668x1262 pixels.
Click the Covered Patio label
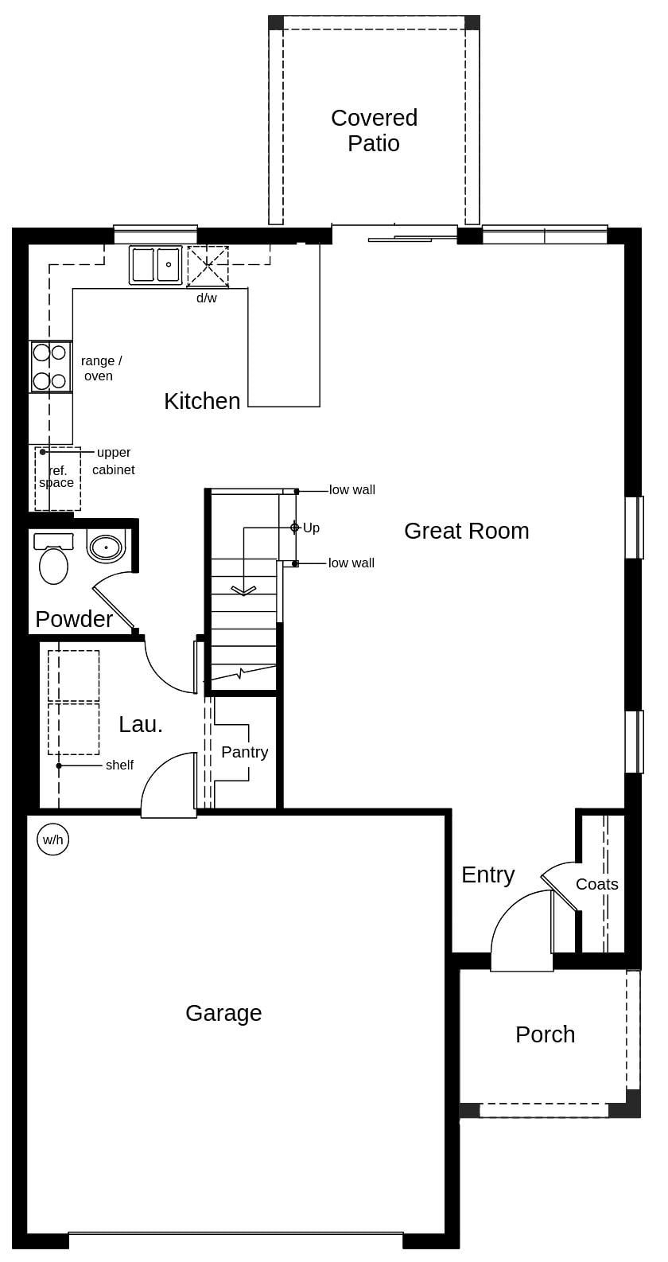(374, 130)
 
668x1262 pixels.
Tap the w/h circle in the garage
(53, 839)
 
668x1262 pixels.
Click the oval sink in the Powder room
(106, 547)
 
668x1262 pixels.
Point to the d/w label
(207, 298)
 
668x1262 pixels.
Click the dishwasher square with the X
(208, 266)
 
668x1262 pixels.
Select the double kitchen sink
(156, 265)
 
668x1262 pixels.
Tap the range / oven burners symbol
(50, 367)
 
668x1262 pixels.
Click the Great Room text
(466, 531)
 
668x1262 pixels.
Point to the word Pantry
(244, 752)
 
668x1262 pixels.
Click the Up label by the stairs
(311, 528)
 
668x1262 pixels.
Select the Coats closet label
(596, 884)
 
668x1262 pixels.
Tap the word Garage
(223, 1013)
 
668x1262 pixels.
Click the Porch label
(545, 1034)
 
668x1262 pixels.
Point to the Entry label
(487, 874)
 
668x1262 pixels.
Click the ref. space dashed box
(57, 479)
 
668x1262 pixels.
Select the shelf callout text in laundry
(119, 765)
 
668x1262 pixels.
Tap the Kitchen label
(202, 401)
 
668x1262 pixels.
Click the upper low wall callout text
(351, 490)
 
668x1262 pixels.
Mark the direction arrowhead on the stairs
(243, 591)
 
